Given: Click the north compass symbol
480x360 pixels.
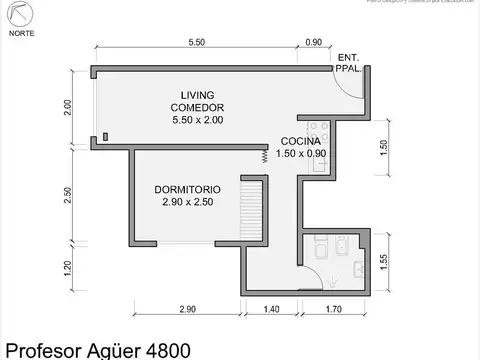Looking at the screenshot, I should pyautogui.click(x=19, y=15).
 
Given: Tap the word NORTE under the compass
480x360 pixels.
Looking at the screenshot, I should pyautogui.click(x=19, y=33).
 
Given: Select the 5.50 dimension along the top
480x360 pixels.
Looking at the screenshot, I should pyautogui.click(x=196, y=42).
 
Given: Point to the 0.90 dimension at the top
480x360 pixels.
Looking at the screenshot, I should pyautogui.click(x=313, y=42).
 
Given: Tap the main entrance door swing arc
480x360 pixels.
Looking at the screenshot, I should pyautogui.click(x=344, y=84).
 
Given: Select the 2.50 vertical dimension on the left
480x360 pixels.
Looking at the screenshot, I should pyautogui.click(x=68, y=195).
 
